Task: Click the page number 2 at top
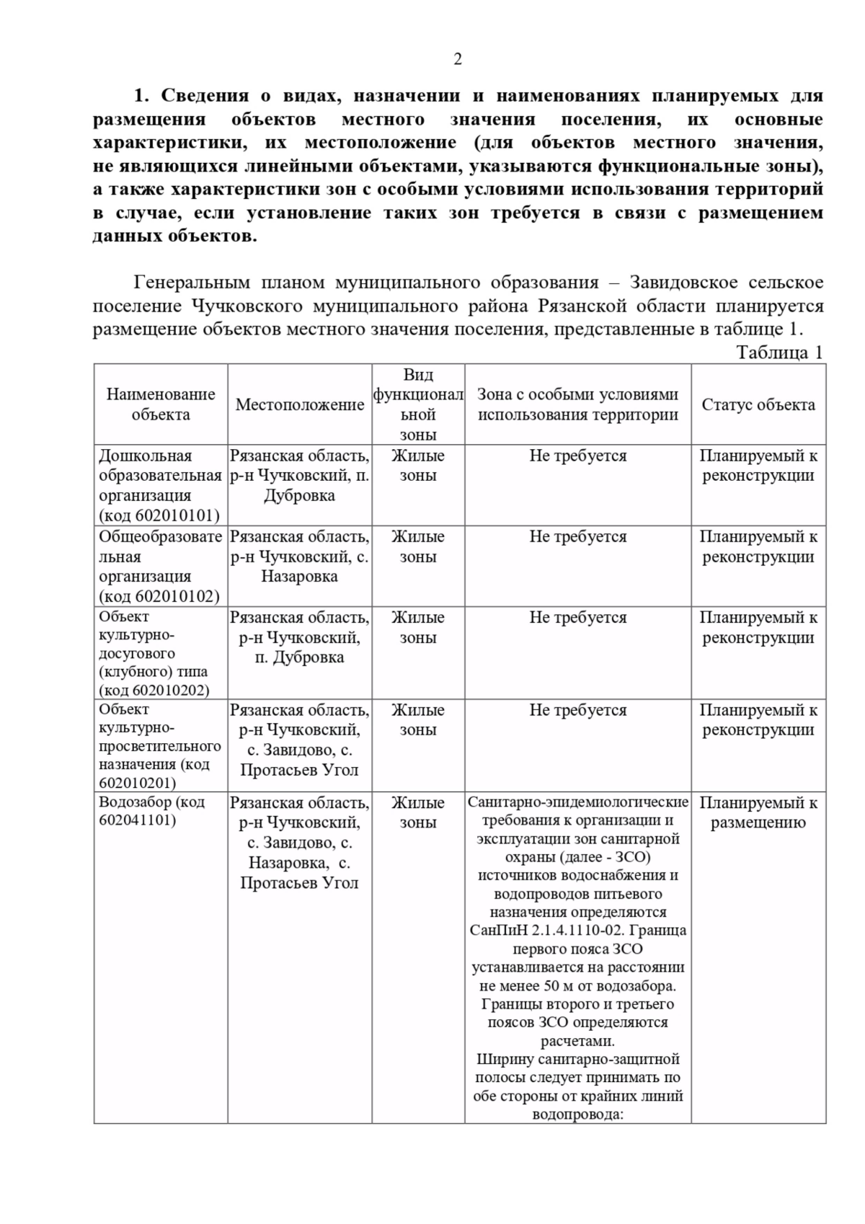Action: pyautogui.click(x=457, y=60)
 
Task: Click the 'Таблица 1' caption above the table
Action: pyautogui.click(x=778, y=352)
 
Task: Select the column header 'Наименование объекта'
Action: pyautogui.click(x=161, y=404)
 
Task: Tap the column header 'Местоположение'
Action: pyautogui.click(x=299, y=405)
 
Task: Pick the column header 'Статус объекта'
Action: pyautogui.click(x=758, y=405)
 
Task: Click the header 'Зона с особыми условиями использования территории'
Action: pyautogui.click(x=577, y=404)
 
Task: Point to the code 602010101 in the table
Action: pyautogui.click(x=175, y=515)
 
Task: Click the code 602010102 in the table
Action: pyautogui.click(x=175, y=596)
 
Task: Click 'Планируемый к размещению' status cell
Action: pyautogui.click(x=758, y=812)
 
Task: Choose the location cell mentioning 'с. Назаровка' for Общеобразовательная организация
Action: pyautogui.click(x=299, y=556)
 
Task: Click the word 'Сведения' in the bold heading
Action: pyautogui.click(x=205, y=96)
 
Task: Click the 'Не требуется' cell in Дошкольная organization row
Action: pyautogui.click(x=577, y=456)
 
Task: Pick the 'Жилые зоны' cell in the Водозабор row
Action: pyautogui.click(x=418, y=812)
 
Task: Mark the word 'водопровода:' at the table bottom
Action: pyautogui.click(x=577, y=1114)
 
